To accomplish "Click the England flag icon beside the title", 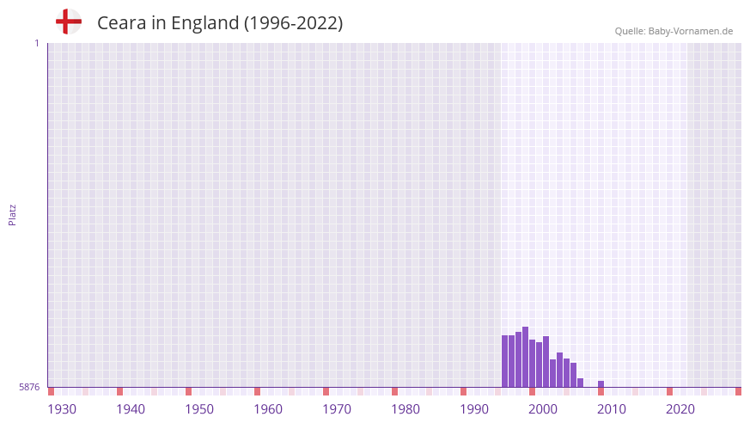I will pyautogui.click(x=69, y=21).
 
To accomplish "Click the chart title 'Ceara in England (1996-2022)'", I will pyautogui.click(x=220, y=23).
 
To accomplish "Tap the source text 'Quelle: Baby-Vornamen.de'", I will pyautogui.click(x=674, y=31).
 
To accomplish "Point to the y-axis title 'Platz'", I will pyautogui.click(x=12, y=214).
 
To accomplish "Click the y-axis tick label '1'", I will pyautogui.click(x=36, y=43).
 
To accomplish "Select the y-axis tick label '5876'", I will pyautogui.click(x=29, y=388).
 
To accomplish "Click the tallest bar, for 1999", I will pyautogui.click(x=525, y=357).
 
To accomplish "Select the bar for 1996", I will pyautogui.click(x=505, y=361).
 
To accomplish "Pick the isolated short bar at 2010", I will pyautogui.click(x=601, y=384).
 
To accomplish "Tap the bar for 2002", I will pyautogui.click(x=546, y=362).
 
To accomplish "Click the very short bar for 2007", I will pyautogui.click(x=580, y=383).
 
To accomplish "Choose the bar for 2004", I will pyautogui.click(x=559, y=370).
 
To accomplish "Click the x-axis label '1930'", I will pyautogui.click(x=62, y=409).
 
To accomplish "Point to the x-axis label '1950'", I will pyautogui.click(x=199, y=409).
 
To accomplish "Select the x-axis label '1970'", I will pyautogui.click(x=337, y=409).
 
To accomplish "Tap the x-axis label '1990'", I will pyautogui.click(x=474, y=409).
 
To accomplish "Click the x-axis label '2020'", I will pyautogui.click(x=680, y=409).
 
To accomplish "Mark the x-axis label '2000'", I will pyautogui.click(x=543, y=409).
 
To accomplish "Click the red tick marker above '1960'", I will pyautogui.click(x=257, y=391).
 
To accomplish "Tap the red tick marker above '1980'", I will pyautogui.click(x=394, y=391).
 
